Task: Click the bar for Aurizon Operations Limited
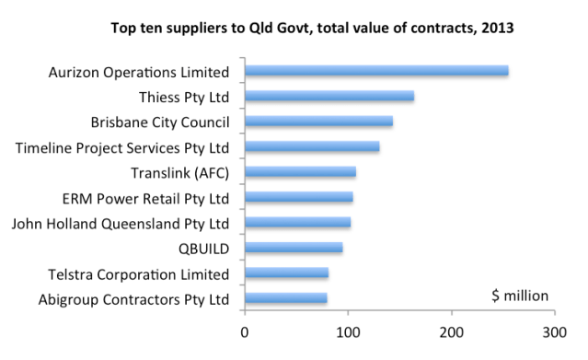(x=376, y=71)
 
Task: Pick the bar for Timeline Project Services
(x=312, y=146)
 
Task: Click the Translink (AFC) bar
(x=300, y=172)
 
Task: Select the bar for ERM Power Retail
(x=299, y=197)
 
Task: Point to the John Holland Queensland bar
(x=297, y=223)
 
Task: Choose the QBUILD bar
(x=294, y=248)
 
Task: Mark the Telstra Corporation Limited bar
(x=286, y=273)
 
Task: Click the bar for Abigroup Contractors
(x=285, y=298)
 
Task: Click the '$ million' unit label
(x=520, y=296)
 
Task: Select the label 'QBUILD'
(x=203, y=249)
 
